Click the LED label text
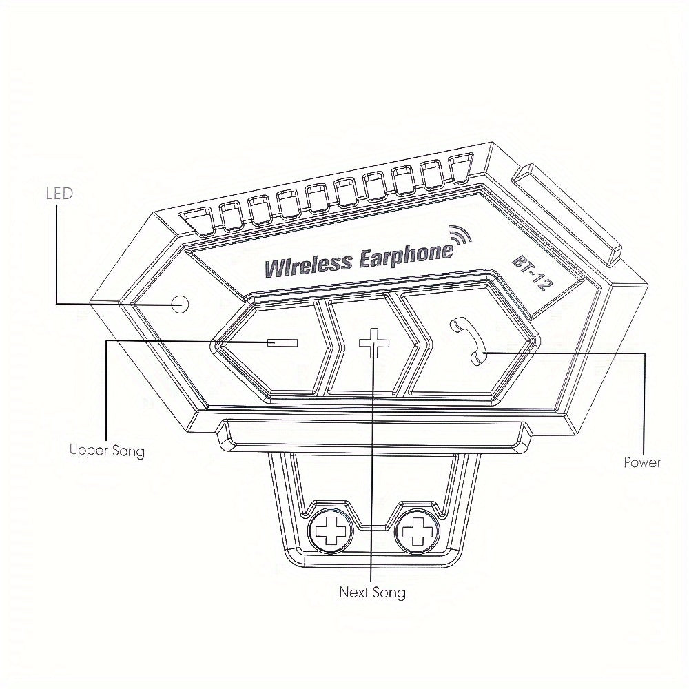pos(59,194)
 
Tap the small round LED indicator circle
pos(179,304)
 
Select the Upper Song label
pos(107,451)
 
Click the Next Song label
pos(372,593)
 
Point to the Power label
pos(642,462)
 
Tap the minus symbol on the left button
pos(282,342)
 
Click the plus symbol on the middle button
pos(374,342)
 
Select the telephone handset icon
pos(468,340)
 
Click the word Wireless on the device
pos(309,265)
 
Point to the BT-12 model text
pos(532,274)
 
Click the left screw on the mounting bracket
pos(331,531)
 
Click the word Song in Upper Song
pos(128,451)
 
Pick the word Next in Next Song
pos(354,592)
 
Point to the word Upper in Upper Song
pos(89,450)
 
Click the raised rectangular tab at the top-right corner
pos(568,215)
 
